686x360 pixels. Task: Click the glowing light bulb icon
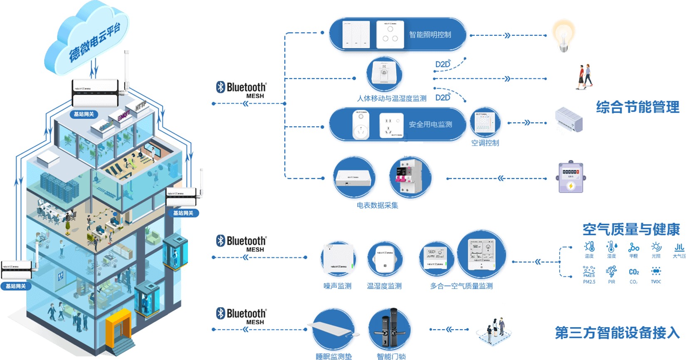(x=563, y=36)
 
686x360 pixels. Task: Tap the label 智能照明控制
(x=430, y=35)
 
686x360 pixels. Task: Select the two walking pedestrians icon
(x=584, y=76)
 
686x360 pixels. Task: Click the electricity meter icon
(x=571, y=178)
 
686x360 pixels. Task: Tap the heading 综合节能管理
(x=637, y=107)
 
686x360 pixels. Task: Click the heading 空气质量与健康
(x=631, y=229)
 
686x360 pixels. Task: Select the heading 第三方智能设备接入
(x=617, y=333)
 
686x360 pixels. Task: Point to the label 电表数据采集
(x=377, y=205)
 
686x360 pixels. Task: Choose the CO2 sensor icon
(x=634, y=272)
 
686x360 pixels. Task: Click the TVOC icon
(x=656, y=271)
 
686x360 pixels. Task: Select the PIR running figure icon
(x=611, y=272)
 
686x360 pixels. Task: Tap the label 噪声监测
(x=337, y=286)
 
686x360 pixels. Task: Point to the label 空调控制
(x=485, y=143)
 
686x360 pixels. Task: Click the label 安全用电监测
(x=430, y=124)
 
